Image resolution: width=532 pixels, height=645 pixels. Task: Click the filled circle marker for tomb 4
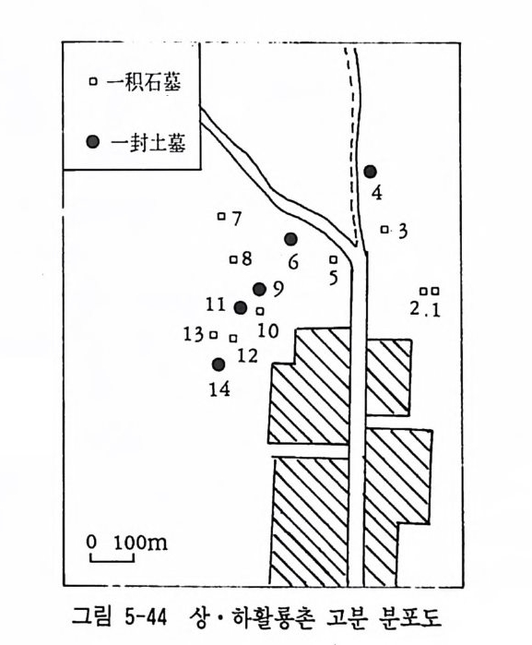(x=371, y=172)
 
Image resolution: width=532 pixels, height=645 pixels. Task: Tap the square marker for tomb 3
(x=384, y=229)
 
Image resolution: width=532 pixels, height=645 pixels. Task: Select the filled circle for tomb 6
(x=290, y=239)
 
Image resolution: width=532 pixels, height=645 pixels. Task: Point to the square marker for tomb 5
(x=334, y=259)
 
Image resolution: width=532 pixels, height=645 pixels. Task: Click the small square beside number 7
(x=221, y=216)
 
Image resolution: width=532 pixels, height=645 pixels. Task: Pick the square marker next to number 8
(x=233, y=259)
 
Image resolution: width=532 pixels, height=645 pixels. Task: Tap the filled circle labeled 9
(x=259, y=289)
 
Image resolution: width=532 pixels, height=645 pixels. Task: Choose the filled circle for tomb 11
(x=241, y=307)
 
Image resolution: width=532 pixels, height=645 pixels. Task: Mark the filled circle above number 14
(x=219, y=364)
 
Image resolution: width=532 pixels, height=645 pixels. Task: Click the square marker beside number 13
(x=213, y=335)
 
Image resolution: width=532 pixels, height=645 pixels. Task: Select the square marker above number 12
(x=233, y=338)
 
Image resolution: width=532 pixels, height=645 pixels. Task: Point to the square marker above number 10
(x=260, y=311)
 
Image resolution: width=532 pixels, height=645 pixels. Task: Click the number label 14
(x=219, y=388)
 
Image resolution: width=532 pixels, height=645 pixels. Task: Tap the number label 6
(x=293, y=262)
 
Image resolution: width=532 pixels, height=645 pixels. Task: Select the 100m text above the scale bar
(x=140, y=543)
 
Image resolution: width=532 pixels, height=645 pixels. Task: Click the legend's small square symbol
(x=93, y=81)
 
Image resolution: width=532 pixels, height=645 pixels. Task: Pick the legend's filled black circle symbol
(x=93, y=142)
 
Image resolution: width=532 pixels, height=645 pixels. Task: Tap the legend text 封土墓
(x=158, y=143)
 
